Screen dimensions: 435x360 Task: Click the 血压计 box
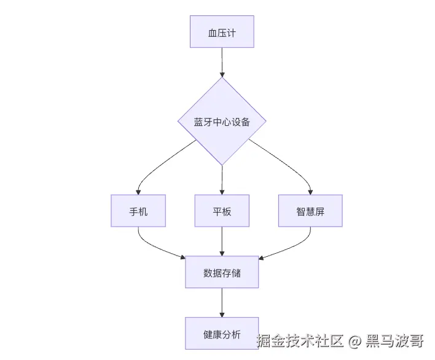[x=222, y=31]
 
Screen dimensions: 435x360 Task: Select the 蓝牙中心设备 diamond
[x=222, y=121]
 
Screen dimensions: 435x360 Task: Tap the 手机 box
[x=138, y=211]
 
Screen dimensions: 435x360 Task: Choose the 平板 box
[x=222, y=211]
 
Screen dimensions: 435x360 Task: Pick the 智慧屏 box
[x=310, y=211]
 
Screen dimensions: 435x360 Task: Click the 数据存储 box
[x=222, y=272]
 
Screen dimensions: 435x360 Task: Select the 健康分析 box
[x=222, y=334]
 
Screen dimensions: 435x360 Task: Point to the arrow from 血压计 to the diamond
[x=222, y=63]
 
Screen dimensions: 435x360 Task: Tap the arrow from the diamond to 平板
[x=222, y=180]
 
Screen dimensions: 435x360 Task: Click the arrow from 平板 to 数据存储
[x=222, y=241]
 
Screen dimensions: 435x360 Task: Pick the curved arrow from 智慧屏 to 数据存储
[x=294, y=247]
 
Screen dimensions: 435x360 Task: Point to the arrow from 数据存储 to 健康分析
[x=222, y=303]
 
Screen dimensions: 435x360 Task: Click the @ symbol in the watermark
[x=355, y=341]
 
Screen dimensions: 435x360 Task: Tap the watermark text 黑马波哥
[x=394, y=341]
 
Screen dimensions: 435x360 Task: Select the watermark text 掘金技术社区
[x=300, y=341]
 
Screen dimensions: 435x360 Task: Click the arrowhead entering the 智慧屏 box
[x=310, y=192]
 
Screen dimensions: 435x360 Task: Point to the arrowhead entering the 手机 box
[x=138, y=192]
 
